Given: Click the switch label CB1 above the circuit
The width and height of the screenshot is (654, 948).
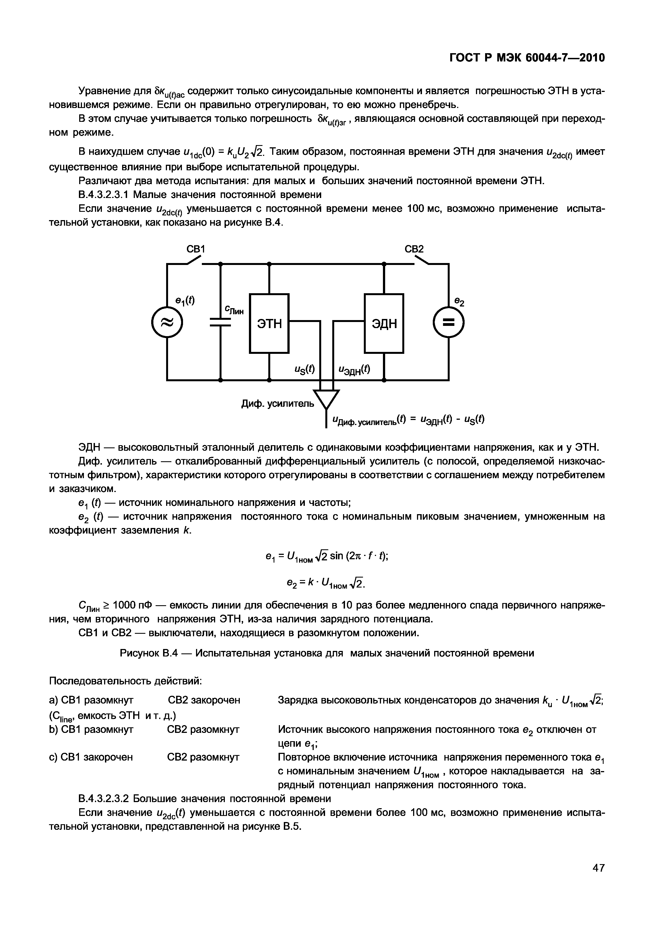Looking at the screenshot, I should pos(195,249).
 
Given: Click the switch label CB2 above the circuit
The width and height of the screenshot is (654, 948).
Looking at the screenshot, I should pos(414,249).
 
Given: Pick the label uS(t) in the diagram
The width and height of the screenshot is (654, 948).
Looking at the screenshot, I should pos(305,369).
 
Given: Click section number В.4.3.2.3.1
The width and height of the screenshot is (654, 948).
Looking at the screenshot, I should pos(103,194).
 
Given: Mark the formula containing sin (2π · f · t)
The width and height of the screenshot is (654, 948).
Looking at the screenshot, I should pos(327,556).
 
